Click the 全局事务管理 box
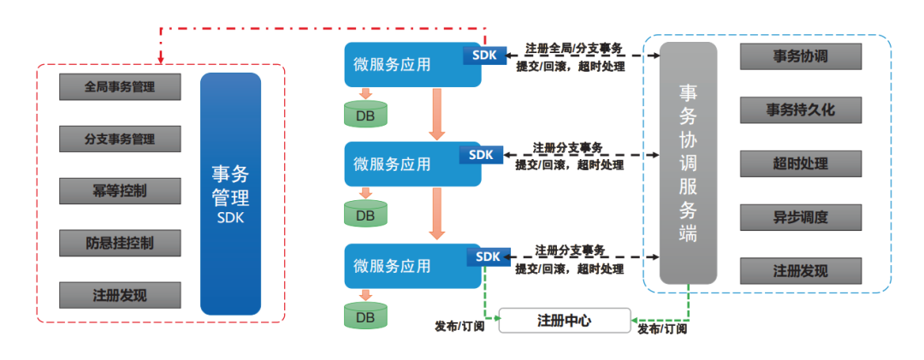pyautogui.click(x=120, y=86)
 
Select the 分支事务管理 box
pyautogui.click(x=120, y=138)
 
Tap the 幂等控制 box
pyautogui.click(x=120, y=191)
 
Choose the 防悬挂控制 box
pyautogui.click(x=120, y=243)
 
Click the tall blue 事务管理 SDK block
pyautogui.click(x=230, y=194)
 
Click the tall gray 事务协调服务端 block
pyautogui.click(x=688, y=162)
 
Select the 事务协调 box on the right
pyautogui.click(x=800, y=56)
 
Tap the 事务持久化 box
pyautogui.click(x=800, y=109)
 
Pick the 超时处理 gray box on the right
pyautogui.click(x=800, y=162)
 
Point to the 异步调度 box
pyautogui.click(x=800, y=216)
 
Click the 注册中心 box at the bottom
pyautogui.click(x=564, y=321)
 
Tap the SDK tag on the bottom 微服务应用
pyautogui.click(x=488, y=256)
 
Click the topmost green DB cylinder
pyautogui.click(x=365, y=113)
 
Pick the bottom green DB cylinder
pyautogui.click(x=365, y=316)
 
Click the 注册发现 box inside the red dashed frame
pyautogui.click(x=120, y=295)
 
